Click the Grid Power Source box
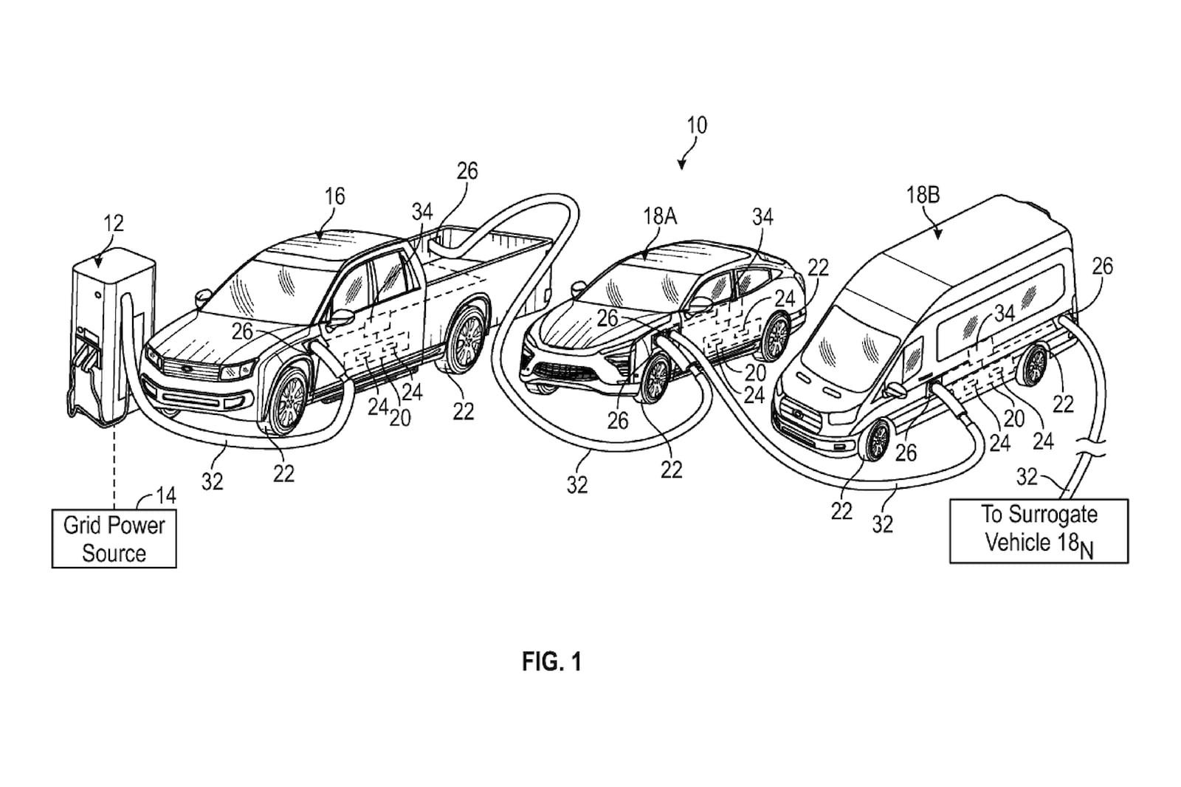[114, 539]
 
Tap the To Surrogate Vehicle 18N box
[1039, 531]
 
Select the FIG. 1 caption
[551, 661]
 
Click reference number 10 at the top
[696, 126]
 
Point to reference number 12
[114, 222]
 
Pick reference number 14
[167, 495]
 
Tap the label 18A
[660, 216]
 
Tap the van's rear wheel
[1034, 365]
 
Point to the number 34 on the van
[1004, 313]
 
